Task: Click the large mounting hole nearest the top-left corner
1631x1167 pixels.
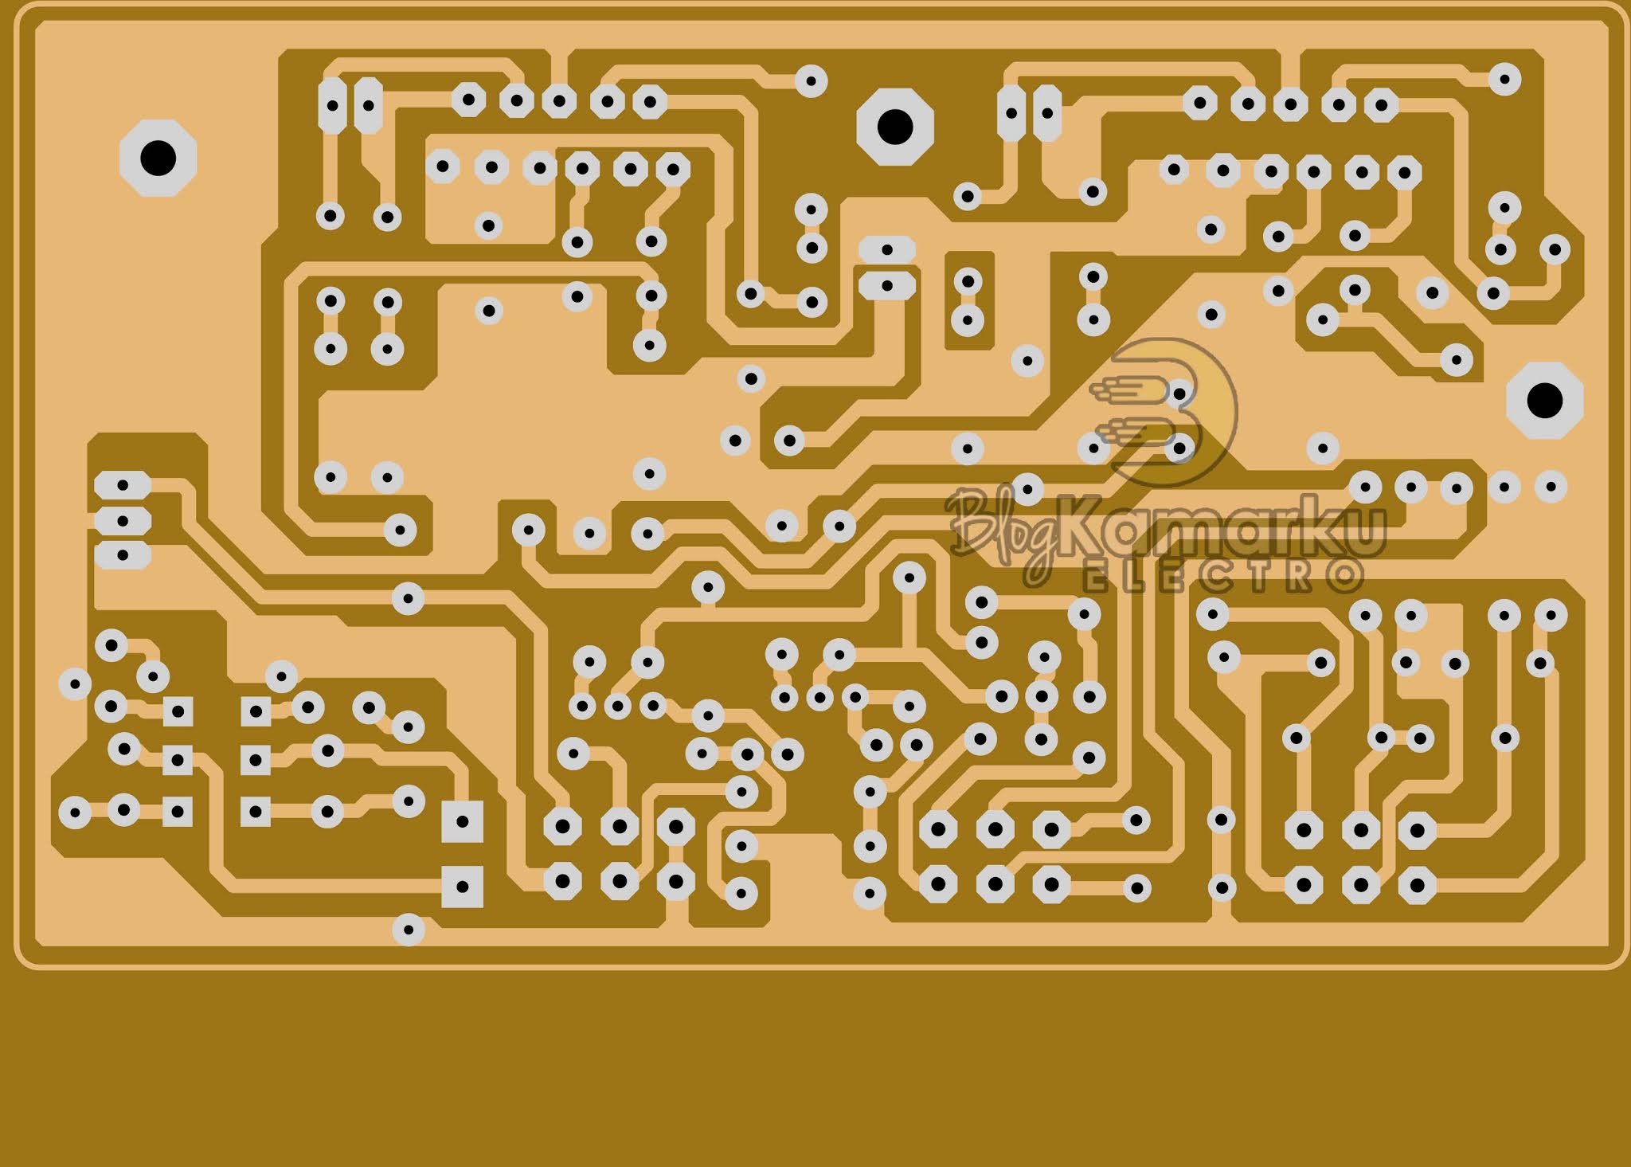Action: click(x=158, y=158)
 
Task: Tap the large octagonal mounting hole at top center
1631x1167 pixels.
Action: click(x=894, y=127)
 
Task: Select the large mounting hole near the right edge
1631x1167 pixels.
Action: click(x=1544, y=400)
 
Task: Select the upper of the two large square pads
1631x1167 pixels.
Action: click(x=462, y=820)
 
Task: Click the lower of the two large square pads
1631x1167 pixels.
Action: click(x=462, y=886)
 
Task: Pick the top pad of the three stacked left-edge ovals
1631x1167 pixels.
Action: click(x=123, y=484)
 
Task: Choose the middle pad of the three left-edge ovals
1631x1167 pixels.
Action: click(x=123, y=521)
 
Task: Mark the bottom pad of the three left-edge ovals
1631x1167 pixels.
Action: click(x=123, y=555)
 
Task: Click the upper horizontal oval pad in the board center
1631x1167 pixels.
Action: click(x=886, y=250)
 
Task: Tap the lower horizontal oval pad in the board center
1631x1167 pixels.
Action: click(x=886, y=284)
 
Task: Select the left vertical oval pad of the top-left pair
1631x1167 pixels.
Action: click(x=332, y=105)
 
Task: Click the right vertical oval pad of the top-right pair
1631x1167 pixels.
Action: click(x=1046, y=113)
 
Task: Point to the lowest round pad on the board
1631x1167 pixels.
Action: click(x=409, y=929)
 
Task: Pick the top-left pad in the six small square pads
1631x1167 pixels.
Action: click(x=178, y=711)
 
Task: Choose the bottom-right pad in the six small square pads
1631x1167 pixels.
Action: click(x=255, y=812)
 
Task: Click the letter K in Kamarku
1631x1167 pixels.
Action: click(x=1083, y=526)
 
